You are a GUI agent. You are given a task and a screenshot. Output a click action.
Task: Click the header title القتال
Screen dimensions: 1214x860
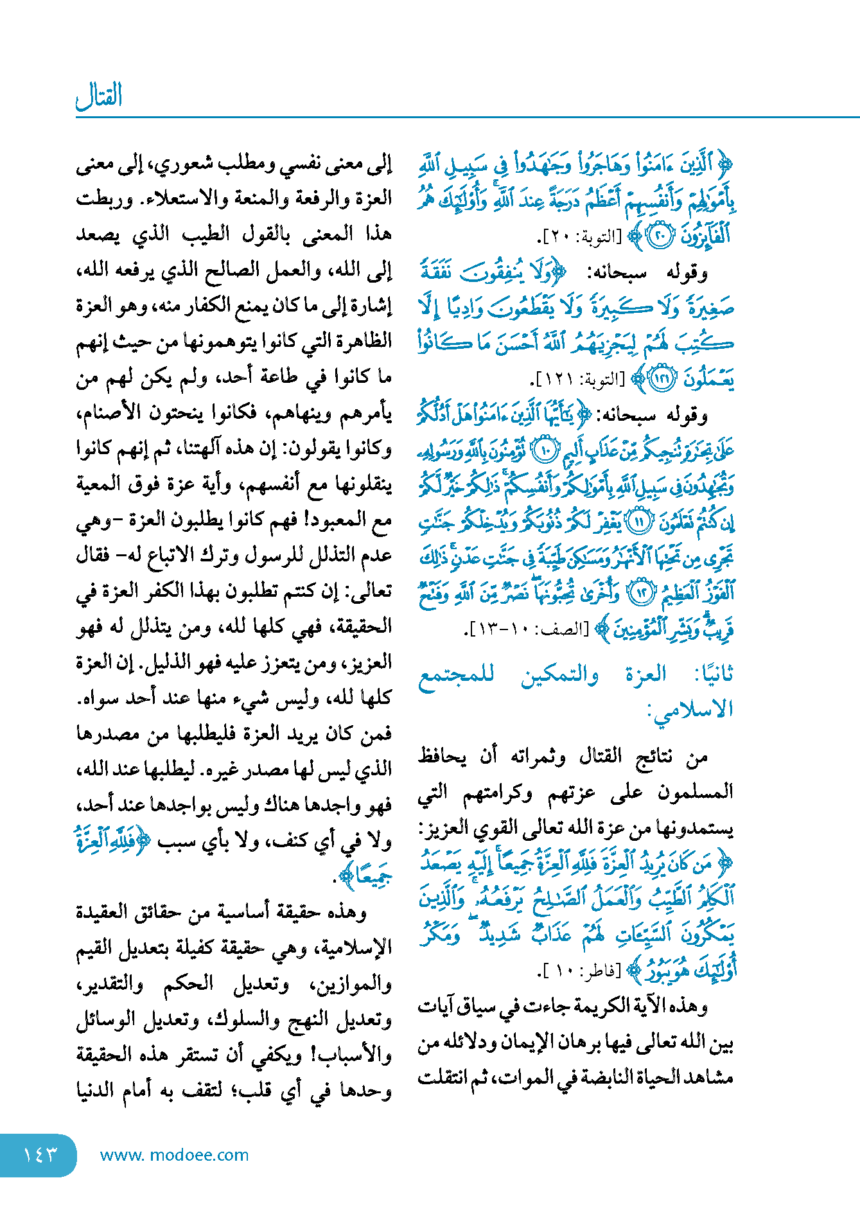pyautogui.click(x=99, y=96)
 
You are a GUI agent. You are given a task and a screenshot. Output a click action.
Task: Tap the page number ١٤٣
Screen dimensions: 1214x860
pyautogui.click(x=40, y=1155)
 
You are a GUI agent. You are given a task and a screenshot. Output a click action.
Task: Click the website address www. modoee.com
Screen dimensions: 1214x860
pyautogui.click(x=174, y=1155)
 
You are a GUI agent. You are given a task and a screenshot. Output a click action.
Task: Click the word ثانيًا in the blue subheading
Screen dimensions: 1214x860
pyautogui.click(x=713, y=674)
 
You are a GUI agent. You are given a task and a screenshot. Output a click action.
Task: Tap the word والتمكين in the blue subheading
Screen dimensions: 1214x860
pyautogui.click(x=560, y=674)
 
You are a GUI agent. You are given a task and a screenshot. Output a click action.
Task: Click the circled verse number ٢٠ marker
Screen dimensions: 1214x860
pyautogui.click(x=659, y=236)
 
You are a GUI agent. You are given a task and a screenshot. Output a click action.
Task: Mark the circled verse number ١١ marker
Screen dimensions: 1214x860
pyautogui.click(x=638, y=522)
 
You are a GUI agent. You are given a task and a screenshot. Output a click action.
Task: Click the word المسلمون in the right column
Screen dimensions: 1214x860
pyautogui.click(x=696, y=793)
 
